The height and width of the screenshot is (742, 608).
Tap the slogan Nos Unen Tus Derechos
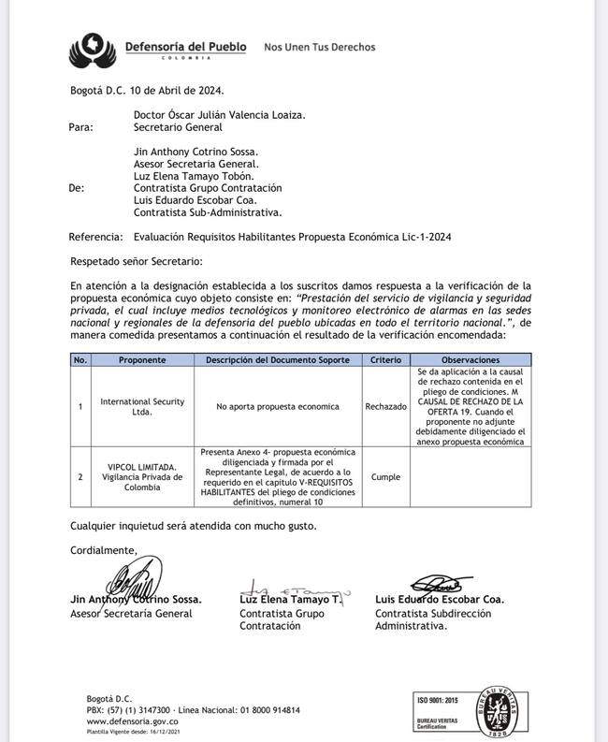click(x=319, y=47)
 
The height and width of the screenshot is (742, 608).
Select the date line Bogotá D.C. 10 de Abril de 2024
click(x=147, y=91)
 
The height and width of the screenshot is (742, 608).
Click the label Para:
click(x=81, y=127)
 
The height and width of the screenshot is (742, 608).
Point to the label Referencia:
click(x=96, y=238)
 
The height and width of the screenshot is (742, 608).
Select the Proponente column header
click(x=142, y=359)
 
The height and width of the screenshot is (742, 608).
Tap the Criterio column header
click(x=385, y=359)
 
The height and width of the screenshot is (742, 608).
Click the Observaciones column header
click(x=470, y=359)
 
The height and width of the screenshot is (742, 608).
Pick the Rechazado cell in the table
click(x=385, y=406)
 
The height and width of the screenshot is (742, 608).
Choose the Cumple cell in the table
click(x=385, y=476)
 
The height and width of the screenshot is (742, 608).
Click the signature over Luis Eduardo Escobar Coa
click(x=436, y=586)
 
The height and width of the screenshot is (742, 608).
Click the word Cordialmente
click(x=104, y=550)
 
